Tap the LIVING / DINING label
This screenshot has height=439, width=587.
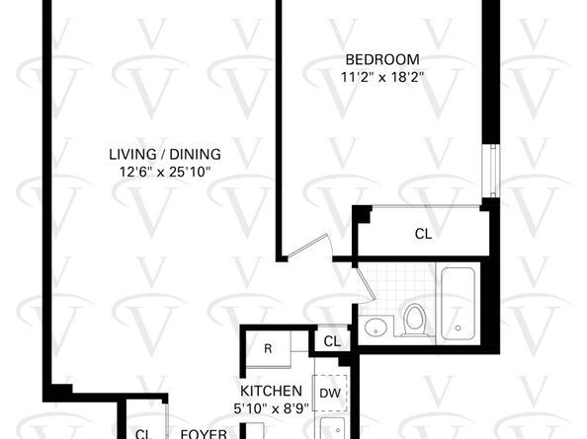(x=165, y=154)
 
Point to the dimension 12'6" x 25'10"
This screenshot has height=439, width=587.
(x=165, y=171)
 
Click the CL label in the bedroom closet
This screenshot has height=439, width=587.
(x=423, y=234)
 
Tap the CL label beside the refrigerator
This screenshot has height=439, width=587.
(x=332, y=341)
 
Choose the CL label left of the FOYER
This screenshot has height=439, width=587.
(x=142, y=433)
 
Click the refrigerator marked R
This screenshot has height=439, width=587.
(x=267, y=348)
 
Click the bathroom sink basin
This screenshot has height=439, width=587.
(x=375, y=328)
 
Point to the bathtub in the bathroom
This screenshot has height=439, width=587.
(x=460, y=303)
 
